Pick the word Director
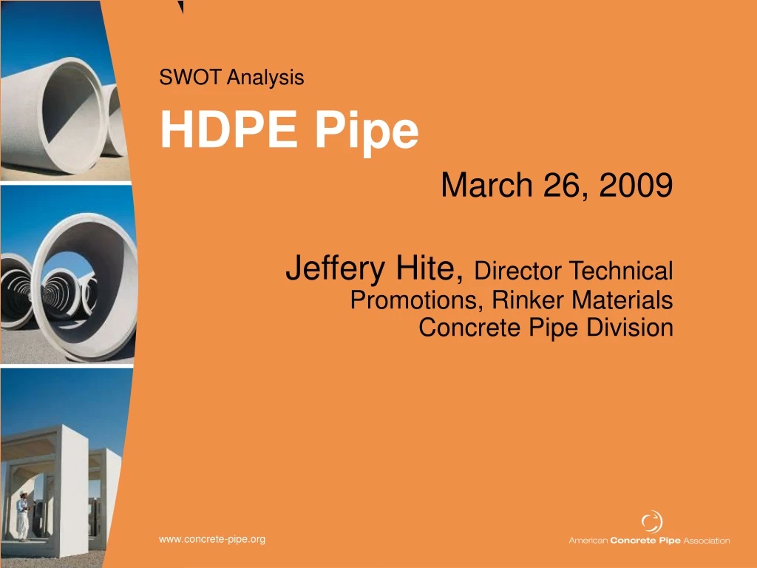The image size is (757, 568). (x=518, y=271)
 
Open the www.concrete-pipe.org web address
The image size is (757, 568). (x=212, y=540)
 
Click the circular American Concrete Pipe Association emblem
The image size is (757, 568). (x=651, y=522)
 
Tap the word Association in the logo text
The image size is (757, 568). (x=706, y=541)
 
